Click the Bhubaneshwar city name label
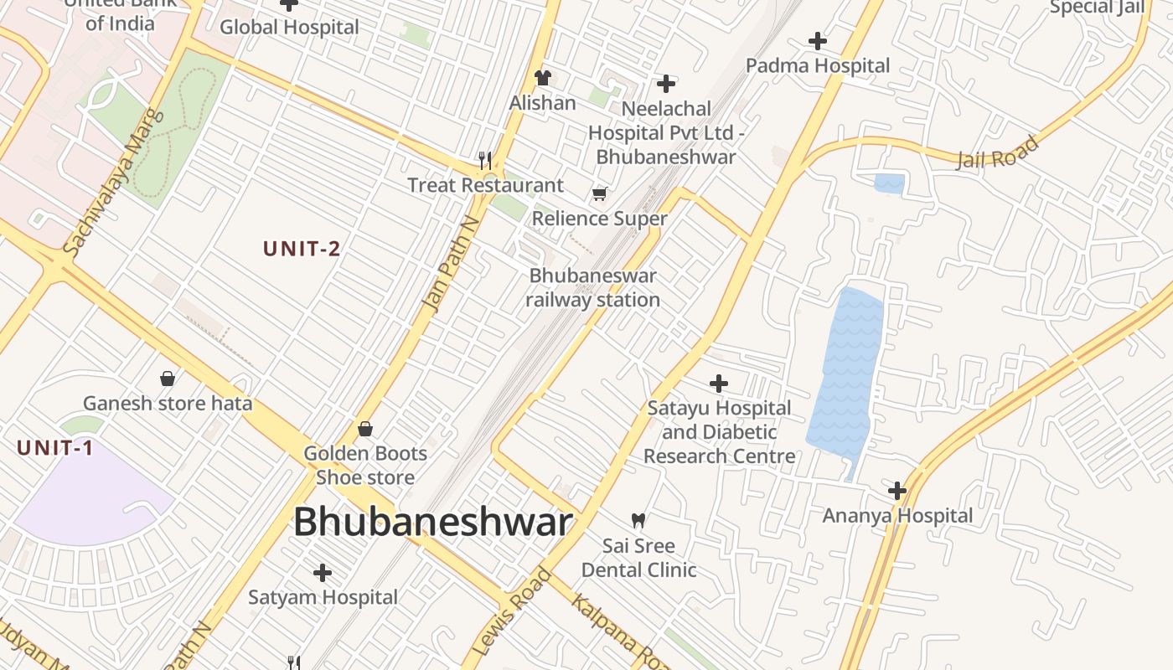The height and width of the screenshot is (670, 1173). (x=432, y=522)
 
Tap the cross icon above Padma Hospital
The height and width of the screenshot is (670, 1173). (x=817, y=40)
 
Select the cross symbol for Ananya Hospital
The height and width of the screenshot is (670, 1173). (x=897, y=490)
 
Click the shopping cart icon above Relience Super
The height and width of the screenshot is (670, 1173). (x=599, y=194)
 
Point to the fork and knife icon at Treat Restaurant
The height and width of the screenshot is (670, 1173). (x=484, y=159)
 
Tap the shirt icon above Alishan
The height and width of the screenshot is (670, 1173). (x=543, y=78)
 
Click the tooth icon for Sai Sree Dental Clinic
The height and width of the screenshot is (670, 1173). (x=638, y=520)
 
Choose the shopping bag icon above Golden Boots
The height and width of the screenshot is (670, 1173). (x=365, y=429)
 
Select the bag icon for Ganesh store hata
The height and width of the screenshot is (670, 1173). (x=168, y=379)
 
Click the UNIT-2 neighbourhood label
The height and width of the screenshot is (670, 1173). (x=302, y=249)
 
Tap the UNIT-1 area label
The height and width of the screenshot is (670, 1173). (x=55, y=448)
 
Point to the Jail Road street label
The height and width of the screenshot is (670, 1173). (x=997, y=152)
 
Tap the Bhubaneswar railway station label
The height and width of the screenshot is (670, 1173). (x=593, y=287)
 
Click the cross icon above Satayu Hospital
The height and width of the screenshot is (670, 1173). (x=718, y=384)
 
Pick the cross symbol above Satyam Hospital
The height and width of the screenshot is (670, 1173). (x=323, y=573)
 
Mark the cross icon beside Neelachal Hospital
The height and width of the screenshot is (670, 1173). (x=666, y=84)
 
